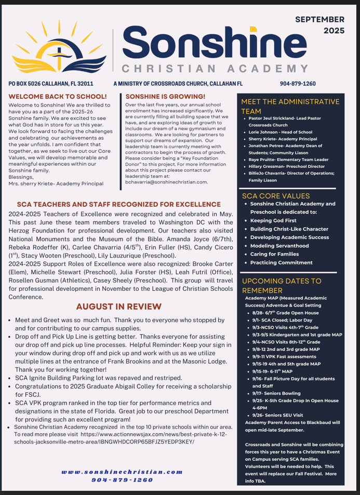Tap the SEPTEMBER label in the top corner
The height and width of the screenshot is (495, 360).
pos(319,19)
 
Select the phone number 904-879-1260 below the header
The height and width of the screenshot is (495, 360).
pos(298,83)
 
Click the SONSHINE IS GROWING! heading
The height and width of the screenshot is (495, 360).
pos(166,97)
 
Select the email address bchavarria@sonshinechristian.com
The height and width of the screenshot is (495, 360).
pos(167,182)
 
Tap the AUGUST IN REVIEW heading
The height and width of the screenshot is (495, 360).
pos(118,306)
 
